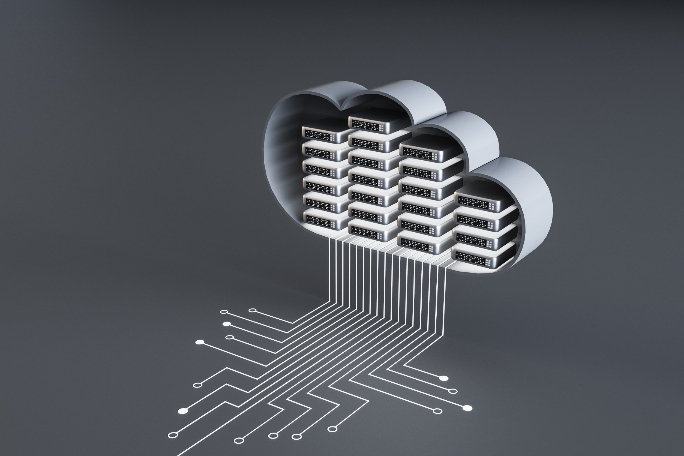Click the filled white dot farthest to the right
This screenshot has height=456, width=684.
click(467, 408)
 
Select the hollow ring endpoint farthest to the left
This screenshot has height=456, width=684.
click(173, 435)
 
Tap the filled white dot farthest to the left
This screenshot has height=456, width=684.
click(183, 411)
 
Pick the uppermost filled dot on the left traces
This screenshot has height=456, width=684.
click(227, 324)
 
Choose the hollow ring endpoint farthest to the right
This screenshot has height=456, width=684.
click(453, 391)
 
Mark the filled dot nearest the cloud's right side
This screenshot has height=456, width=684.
click(443, 378)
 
